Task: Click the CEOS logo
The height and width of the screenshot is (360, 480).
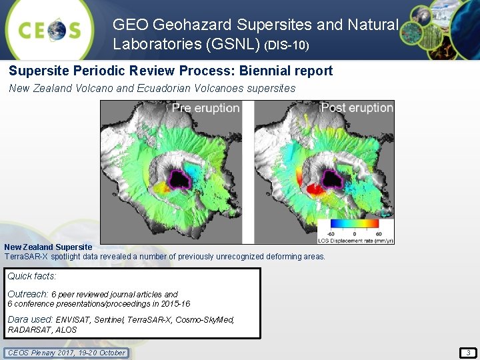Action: [x=50, y=29]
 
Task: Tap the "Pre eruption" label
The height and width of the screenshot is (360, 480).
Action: [x=205, y=108]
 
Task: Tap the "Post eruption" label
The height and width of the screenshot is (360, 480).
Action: [x=357, y=108]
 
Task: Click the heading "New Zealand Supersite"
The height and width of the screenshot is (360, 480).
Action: [x=48, y=247]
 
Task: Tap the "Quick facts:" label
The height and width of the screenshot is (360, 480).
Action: [x=32, y=276]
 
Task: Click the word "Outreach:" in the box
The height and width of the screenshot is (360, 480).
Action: [x=28, y=294]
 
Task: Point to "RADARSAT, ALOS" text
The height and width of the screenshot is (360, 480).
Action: [x=42, y=329]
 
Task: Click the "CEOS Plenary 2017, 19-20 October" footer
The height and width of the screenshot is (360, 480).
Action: [x=65, y=353]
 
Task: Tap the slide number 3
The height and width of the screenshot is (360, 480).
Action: [x=467, y=352]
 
